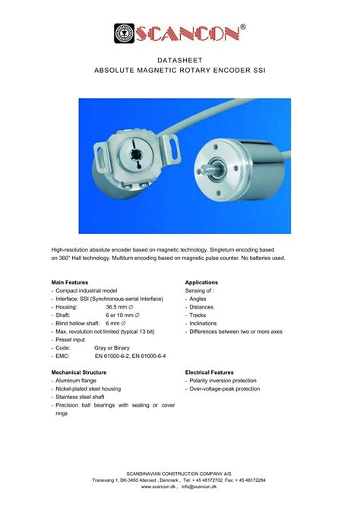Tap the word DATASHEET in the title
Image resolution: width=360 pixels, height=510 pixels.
point(180,59)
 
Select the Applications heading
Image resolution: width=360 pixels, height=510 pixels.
point(202,282)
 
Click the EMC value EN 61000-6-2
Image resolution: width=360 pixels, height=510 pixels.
point(115,356)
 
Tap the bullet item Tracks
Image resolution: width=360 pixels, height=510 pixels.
point(198,315)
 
